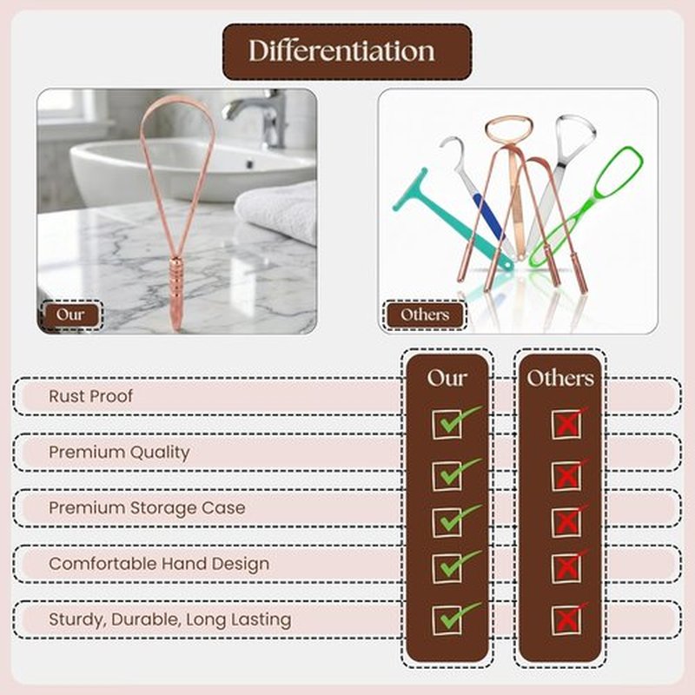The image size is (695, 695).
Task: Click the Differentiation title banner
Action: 347,51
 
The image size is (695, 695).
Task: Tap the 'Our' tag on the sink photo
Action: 70,314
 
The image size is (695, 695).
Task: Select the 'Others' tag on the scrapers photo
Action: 425,314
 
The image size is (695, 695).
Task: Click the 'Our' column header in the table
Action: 447,378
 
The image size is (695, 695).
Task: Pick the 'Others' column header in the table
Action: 560,378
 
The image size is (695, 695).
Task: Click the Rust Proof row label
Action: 90,396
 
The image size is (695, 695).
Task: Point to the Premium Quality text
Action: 119,453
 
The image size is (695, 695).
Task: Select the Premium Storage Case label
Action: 147,508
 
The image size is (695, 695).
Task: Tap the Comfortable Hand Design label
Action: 159,564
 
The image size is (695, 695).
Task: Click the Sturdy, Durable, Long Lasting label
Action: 169,619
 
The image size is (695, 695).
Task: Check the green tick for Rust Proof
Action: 457,421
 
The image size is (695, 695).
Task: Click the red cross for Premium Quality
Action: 569,475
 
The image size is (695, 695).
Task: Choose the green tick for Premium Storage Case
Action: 457,520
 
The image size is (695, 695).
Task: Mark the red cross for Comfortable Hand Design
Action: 569,566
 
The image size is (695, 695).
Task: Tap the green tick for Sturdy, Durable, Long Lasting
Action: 457,618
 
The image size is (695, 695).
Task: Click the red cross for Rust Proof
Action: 569,423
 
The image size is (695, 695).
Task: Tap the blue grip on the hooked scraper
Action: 489,216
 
